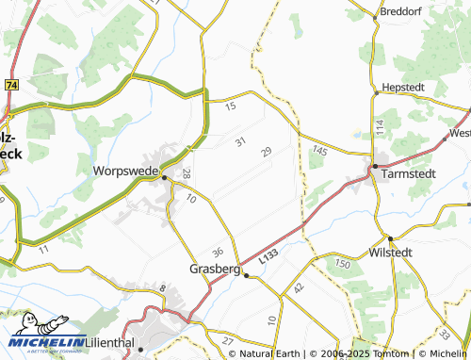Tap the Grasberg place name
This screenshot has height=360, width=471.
point(214,268)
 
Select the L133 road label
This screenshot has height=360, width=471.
point(268,256)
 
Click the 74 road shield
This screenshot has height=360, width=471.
point(10,85)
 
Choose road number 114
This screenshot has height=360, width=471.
point(379,125)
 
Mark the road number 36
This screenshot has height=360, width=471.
point(219,252)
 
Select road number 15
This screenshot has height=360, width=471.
point(231,107)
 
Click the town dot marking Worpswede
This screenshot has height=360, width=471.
point(164,176)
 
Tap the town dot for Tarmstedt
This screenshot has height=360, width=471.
point(374,166)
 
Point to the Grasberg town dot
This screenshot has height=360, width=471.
point(245,275)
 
